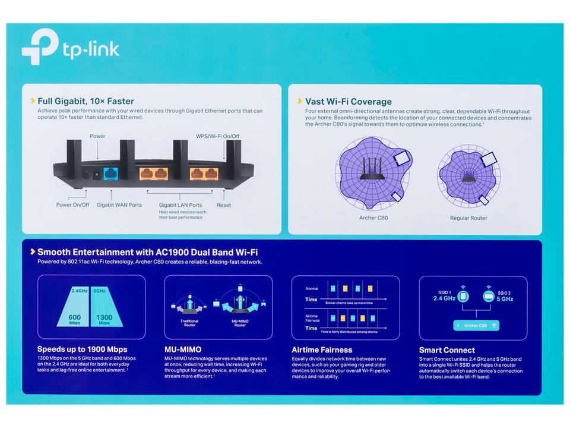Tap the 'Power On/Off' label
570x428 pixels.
pyautogui.click(x=72, y=205)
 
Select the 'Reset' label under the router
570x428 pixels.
pyautogui.click(x=224, y=205)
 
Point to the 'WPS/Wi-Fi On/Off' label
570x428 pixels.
pyautogui.click(x=218, y=136)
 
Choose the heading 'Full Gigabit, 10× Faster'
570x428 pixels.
pyautogui.click(x=85, y=101)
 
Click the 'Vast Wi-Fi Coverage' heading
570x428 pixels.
pyautogui.click(x=348, y=102)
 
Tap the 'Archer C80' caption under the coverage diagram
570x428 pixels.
pyautogui.click(x=373, y=218)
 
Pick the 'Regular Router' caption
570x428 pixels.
pyautogui.click(x=468, y=218)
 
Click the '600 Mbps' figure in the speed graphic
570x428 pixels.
pyautogui.click(x=75, y=320)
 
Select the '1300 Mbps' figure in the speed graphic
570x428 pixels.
pyautogui.click(x=104, y=320)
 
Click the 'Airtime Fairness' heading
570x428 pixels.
pyautogui.click(x=322, y=350)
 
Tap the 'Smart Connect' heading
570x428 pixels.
pyautogui.click(x=446, y=350)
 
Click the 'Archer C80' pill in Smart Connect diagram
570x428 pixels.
pyautogui.click(x=476, y=326)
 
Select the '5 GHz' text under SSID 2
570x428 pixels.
pyautogui.click(x=505, y=299)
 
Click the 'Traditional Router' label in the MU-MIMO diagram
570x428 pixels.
pyautogui.click(x=189, y=323)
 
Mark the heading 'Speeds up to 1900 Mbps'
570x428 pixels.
pyautogui.click(x=82, y=349)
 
